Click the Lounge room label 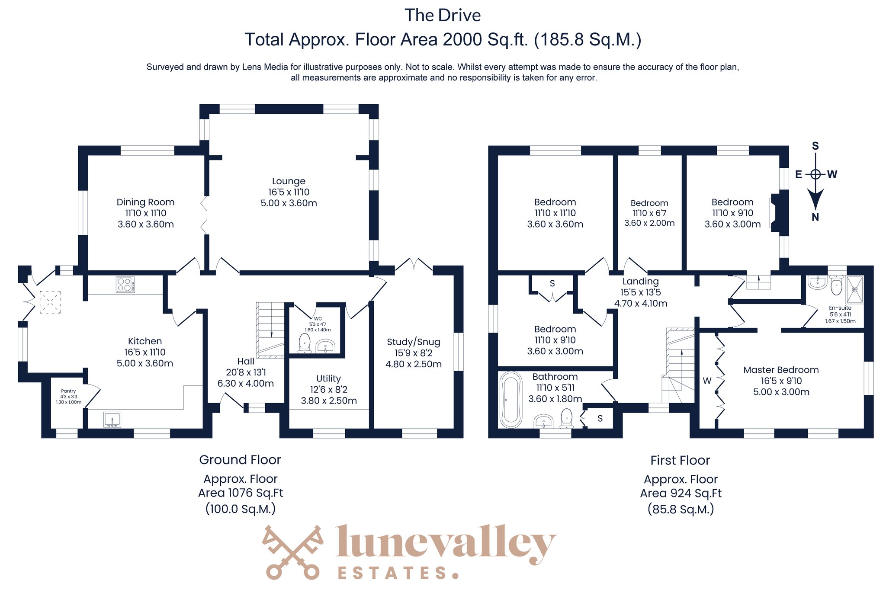click(289, 181)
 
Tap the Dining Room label click(145, 202)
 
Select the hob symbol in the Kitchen click(125, 285)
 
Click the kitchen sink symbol click(112, 420)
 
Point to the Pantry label click(68, 391)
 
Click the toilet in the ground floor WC click(305, 343)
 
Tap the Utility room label click(328, 378)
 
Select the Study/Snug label click(414, 342)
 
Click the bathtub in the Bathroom click(511, 400)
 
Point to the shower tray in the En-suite click(854, 289)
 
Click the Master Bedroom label click(781, 370)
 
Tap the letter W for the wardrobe click(707, 381)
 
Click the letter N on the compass click(815, 217)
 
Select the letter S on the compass click(815, 146)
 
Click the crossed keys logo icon click(293, 552)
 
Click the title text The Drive click(443, 16)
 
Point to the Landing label click(641, 281)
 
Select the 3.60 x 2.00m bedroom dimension click(649, 223)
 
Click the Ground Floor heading click(240, 460)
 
